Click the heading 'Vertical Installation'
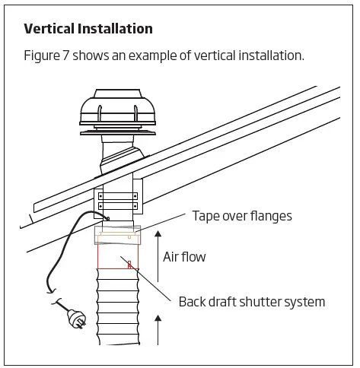88,29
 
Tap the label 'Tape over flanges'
241,216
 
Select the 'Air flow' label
184,257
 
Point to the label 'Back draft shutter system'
251,302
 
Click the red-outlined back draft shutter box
118,256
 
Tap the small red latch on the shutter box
130,265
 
